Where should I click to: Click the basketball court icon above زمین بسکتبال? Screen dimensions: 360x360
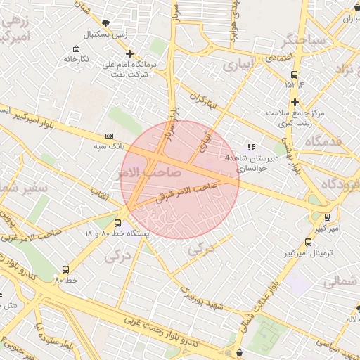105,23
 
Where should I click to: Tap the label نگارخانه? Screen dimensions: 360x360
77,59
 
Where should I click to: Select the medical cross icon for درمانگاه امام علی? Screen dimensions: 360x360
129,53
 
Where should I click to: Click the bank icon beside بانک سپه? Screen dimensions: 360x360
108,136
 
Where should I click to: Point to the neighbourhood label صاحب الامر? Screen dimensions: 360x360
150,172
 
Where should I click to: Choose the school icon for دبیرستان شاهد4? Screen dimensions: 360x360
251,147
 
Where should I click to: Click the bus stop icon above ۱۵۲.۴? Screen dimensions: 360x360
294,75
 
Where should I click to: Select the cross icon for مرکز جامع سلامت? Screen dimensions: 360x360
295,102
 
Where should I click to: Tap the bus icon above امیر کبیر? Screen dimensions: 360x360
327,217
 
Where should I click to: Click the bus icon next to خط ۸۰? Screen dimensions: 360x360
66,269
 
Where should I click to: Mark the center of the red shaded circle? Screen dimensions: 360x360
180,179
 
